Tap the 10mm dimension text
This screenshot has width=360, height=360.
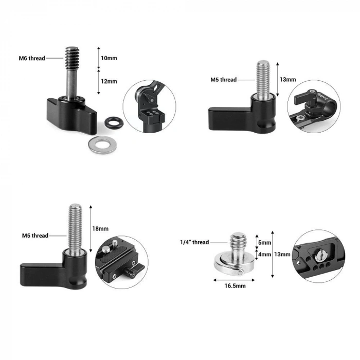(109, 58)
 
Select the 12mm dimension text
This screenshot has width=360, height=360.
(109, 81)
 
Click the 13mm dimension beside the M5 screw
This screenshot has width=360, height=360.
(287, 80)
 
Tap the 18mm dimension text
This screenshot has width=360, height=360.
(100, 228)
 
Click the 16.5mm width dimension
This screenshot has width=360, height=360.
(234, 285)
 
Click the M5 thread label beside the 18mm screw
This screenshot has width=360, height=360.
(35, 236)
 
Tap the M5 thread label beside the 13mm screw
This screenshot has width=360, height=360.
(223, 80)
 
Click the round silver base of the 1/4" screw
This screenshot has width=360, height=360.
(233, 264)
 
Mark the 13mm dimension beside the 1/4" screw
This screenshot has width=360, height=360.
(282, 254)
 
